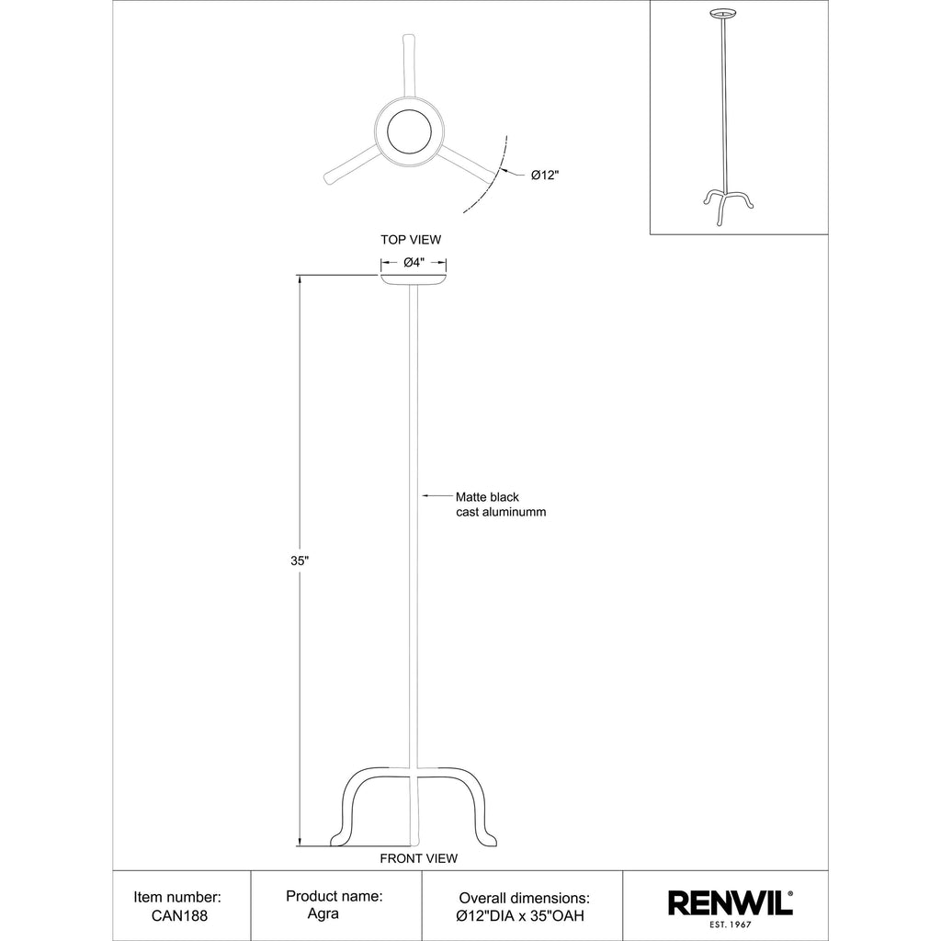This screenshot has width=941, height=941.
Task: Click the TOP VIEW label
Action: tap(411, 240)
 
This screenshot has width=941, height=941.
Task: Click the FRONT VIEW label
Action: tap(418, 859)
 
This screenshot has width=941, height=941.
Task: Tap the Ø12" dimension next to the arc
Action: tap(545, 176)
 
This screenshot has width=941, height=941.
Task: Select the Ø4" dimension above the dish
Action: tap(414, 262)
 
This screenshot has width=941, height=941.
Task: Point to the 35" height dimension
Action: tap(300, 561)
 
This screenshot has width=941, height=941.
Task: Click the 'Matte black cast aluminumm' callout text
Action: tap(501, 505)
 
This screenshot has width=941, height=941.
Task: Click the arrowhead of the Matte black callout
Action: tap(425, 495)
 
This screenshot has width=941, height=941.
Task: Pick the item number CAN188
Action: tap(179, 916)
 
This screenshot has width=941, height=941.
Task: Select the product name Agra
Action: tap(323, 914)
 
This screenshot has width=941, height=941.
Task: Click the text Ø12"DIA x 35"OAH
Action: tap(520, 916)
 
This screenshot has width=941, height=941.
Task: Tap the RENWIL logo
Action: tap(731, 903)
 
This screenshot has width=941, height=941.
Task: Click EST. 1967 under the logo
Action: tap(731, 924)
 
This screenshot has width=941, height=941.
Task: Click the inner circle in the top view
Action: tap(409, 131)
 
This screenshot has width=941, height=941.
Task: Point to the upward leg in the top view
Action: tap(408, 66)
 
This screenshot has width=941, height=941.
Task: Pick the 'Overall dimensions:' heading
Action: tap(525, 899)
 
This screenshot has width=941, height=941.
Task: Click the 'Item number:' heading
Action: tap(177, 897)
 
